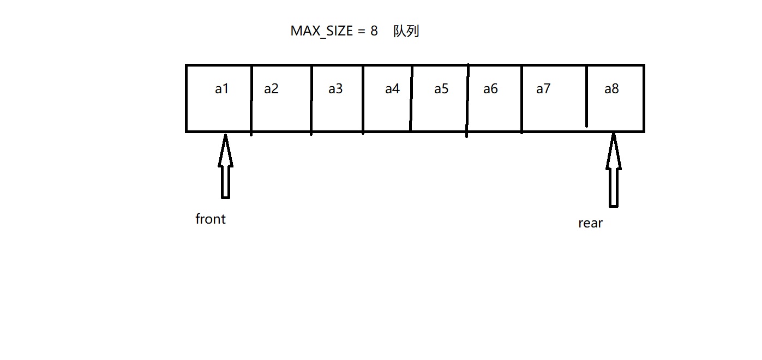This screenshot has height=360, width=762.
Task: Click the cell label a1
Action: point(221,89)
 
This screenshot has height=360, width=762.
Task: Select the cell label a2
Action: point(271,89)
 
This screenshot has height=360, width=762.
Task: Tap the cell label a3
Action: point(335,89)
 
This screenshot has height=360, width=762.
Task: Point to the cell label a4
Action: point(392,89)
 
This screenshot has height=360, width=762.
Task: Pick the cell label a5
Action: point(441,89)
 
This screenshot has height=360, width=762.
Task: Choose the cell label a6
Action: point(490,89)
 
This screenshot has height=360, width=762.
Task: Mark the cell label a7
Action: point(543,89)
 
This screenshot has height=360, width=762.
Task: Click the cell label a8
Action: point(611,89)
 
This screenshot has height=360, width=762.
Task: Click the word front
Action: point(211,219)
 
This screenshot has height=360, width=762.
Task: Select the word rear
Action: point(590,223)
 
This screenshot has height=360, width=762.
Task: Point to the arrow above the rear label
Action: point(614,170)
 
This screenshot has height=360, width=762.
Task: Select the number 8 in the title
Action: point(374,31)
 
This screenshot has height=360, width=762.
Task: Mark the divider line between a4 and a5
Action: point(411,98)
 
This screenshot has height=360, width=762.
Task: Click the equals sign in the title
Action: point(361,31)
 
